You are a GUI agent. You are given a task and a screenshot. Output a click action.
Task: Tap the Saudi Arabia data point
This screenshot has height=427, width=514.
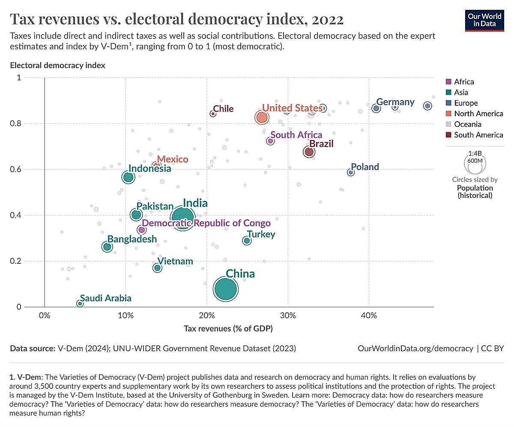click(80, 303)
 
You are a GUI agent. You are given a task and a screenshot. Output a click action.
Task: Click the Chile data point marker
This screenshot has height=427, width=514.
click(213, 113)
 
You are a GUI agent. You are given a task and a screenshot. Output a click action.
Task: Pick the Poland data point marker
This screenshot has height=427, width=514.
click(351, 172)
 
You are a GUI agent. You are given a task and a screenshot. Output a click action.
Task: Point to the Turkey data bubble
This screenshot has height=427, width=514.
click(247, 241)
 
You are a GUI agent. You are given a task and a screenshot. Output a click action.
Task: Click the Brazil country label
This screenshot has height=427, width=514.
click(321, 143)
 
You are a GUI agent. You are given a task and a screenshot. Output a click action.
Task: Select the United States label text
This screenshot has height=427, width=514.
click(292, 108)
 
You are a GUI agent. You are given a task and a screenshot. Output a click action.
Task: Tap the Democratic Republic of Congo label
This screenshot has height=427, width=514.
click(206, 223)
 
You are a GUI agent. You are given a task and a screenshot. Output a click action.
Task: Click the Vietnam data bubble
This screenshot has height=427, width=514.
click(157, 268)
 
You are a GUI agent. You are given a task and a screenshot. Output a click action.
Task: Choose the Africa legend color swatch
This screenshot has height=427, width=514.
click(448, 82)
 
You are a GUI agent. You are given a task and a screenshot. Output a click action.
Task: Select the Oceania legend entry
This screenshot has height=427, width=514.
click(467, 124)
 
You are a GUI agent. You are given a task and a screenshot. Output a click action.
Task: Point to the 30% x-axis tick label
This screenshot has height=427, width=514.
click(288, 316)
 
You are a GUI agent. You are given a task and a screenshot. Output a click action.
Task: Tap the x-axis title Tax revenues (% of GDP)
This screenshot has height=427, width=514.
click(228, 328)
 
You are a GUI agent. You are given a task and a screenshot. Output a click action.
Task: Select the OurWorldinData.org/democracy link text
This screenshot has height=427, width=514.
click(415, 349)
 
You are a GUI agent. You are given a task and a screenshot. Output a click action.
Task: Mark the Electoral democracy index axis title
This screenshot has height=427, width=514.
click(58, 66)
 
